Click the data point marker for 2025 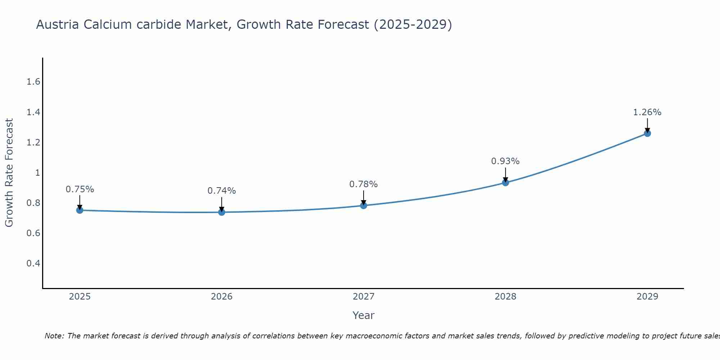(80, 210)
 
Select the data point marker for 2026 (222, 212)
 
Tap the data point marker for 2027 (364, 206)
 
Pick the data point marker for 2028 (505, 183)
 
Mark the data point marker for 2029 (647, 133)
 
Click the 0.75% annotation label (80, 189)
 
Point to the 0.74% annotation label (222, 191)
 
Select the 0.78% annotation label (364, 184)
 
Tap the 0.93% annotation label (505, 161)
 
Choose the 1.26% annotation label (647, 112)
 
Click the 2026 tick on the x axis (222, 297)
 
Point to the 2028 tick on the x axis (505, 297)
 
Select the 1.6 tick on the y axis (33, 82)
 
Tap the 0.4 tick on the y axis (33, 263)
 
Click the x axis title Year (364, 315)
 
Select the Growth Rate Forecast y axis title (9, 173)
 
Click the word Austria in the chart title (58, 24)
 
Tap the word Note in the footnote (54, 336)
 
